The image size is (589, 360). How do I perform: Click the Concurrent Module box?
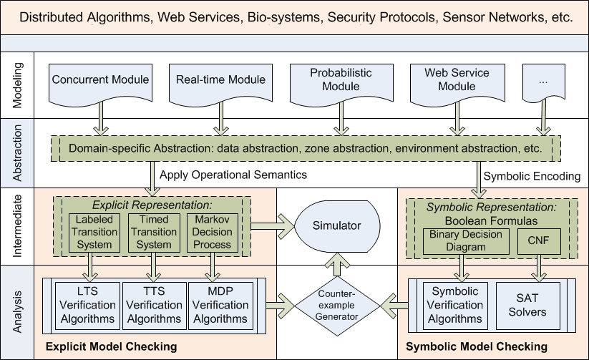[100, 80]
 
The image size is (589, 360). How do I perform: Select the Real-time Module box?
[220, 80]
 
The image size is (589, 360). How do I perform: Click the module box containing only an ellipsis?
[542, 80]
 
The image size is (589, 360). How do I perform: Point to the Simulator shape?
[336, 226]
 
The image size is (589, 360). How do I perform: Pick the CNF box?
[537, 240]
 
